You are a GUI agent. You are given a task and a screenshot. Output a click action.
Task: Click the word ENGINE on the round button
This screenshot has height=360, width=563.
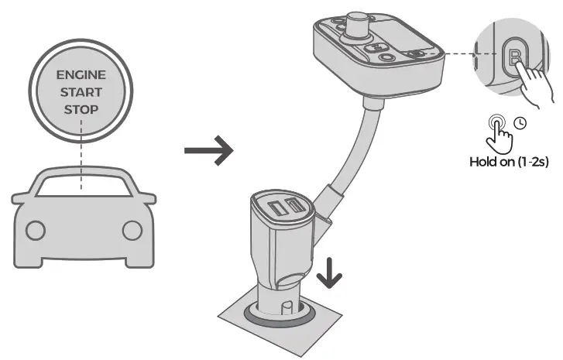[81, 77]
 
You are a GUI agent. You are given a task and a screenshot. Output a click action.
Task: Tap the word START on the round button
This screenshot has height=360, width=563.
[81, 93]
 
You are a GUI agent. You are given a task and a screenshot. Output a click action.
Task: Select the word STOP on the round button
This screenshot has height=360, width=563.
[81, 109]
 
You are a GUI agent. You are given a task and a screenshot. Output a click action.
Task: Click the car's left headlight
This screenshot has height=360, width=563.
[35, 230]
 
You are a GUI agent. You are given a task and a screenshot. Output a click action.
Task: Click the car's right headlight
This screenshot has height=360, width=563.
[132, 230]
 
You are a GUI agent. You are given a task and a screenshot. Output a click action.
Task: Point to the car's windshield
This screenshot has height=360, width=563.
[84, 186]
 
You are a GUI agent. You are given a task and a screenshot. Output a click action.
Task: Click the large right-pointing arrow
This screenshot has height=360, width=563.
[208, 151]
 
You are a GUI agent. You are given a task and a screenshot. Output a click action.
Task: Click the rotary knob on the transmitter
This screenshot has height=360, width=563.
[359, 22]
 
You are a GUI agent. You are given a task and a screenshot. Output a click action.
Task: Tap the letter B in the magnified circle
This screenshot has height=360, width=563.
[515, 57]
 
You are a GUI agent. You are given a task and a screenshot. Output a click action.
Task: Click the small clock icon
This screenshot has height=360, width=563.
[520, 123]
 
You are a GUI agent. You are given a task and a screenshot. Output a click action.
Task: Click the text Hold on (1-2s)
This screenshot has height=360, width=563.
[509, 163]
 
